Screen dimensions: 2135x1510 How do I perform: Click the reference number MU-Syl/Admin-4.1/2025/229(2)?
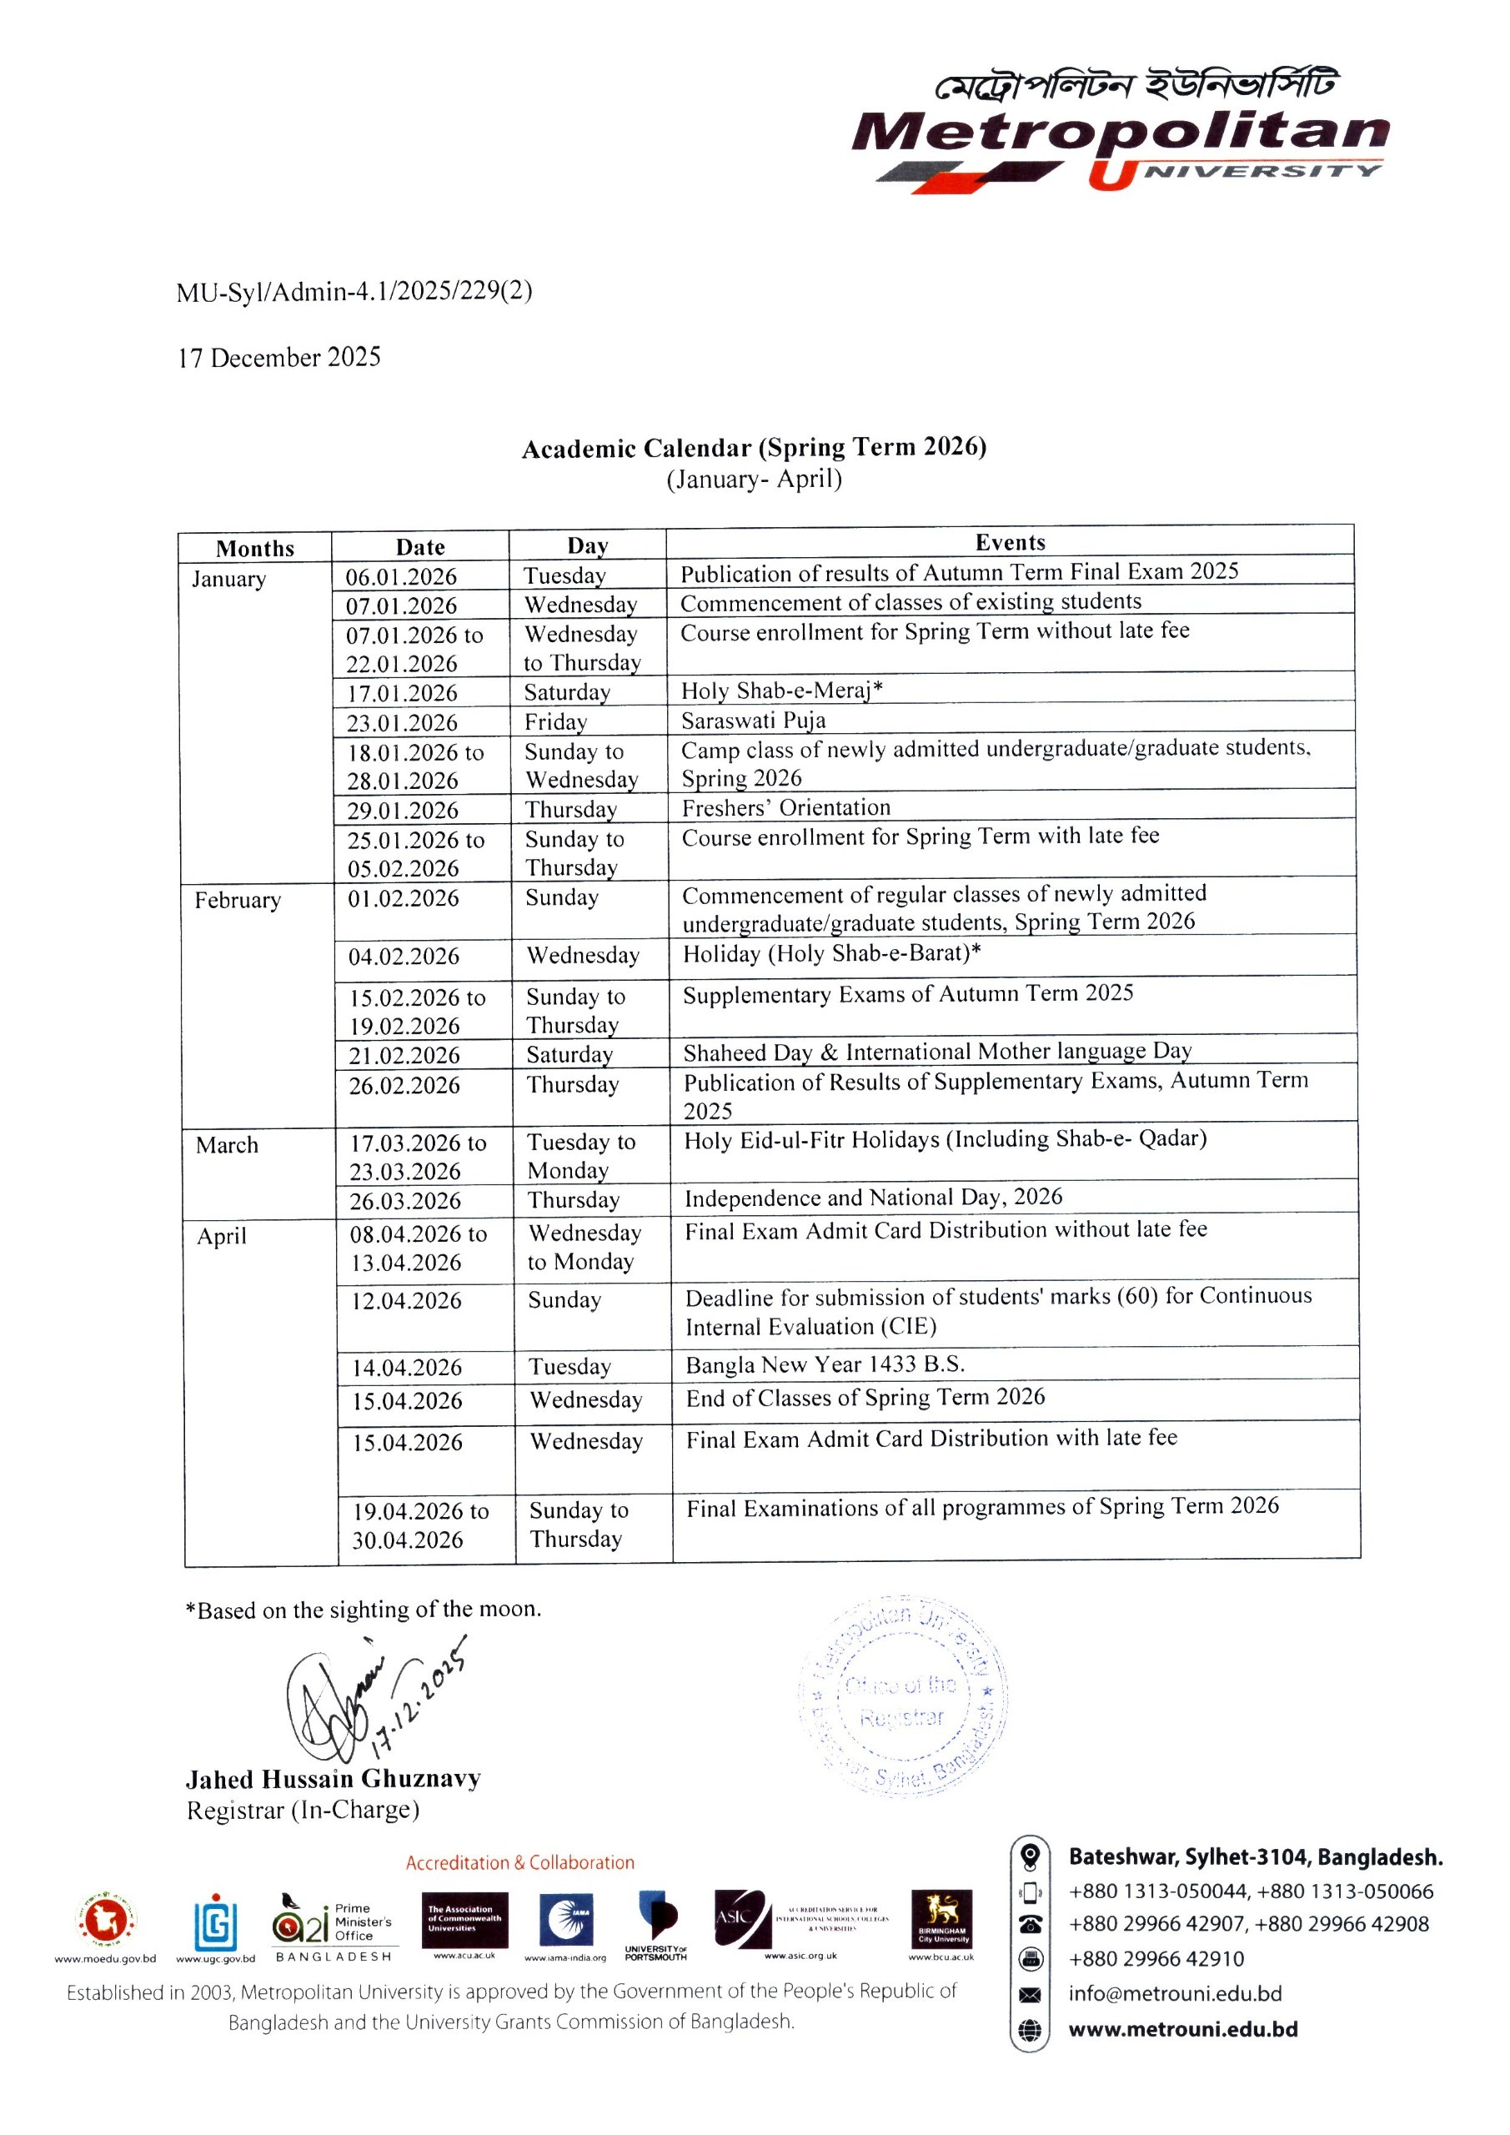[x=354, y=292]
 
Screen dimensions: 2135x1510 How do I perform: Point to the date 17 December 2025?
[x=279, y=358]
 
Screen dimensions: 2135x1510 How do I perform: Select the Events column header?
[x=1010, y=542]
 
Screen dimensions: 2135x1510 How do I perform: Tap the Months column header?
[x=255, y=549]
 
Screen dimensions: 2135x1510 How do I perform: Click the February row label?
[x=237, y=900]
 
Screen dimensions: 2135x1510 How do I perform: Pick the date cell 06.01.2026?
[x=402, y=576]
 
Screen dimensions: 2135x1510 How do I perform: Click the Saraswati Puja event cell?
[x=753, y=721]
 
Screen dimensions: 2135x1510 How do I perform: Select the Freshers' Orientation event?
[x=785, y=807]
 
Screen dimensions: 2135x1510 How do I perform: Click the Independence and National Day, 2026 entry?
[x=873, y=1198]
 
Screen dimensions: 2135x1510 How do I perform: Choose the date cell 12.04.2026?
[x=406, y=1301]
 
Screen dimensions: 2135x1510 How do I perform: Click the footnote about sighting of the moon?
[x=364, y=1610]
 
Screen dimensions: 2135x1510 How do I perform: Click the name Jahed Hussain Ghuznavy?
[x=333, y=1779]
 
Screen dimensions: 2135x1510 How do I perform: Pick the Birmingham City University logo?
[x=941, y=1918]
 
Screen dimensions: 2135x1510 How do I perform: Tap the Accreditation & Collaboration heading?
[x=519, y=1862]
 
